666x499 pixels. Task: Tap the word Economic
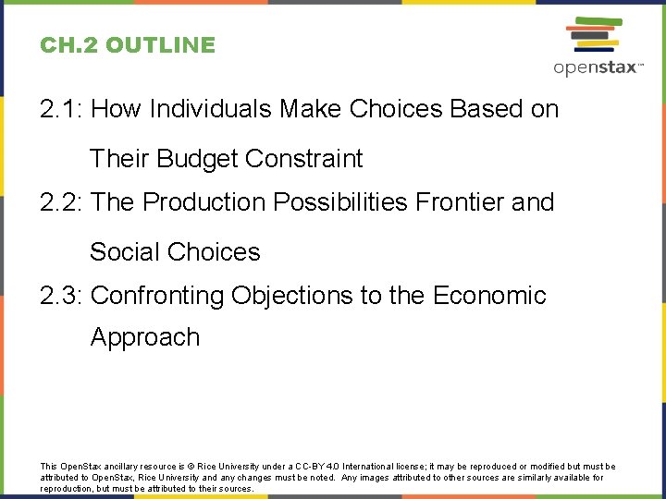tap(489, 296)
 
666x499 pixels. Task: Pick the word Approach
tap(145, 337)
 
